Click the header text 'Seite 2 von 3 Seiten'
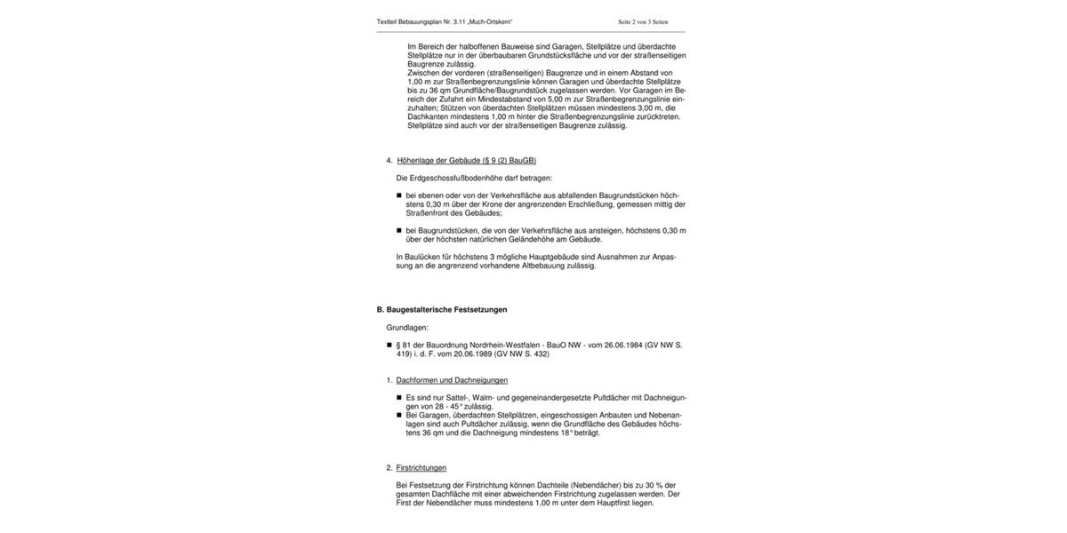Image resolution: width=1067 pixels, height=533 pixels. pos(650,20)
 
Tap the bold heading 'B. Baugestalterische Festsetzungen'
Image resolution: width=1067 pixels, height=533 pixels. pos(442,309)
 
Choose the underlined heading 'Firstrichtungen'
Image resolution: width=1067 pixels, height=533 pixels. pos(421,467)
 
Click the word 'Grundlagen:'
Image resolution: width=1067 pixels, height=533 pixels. pos(407,328)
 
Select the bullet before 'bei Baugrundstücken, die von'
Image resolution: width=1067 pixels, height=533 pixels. pos(399,231)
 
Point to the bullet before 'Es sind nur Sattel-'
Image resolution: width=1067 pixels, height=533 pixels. pos(399,398)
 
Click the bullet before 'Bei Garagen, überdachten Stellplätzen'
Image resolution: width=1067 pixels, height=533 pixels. pos(399,415)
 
